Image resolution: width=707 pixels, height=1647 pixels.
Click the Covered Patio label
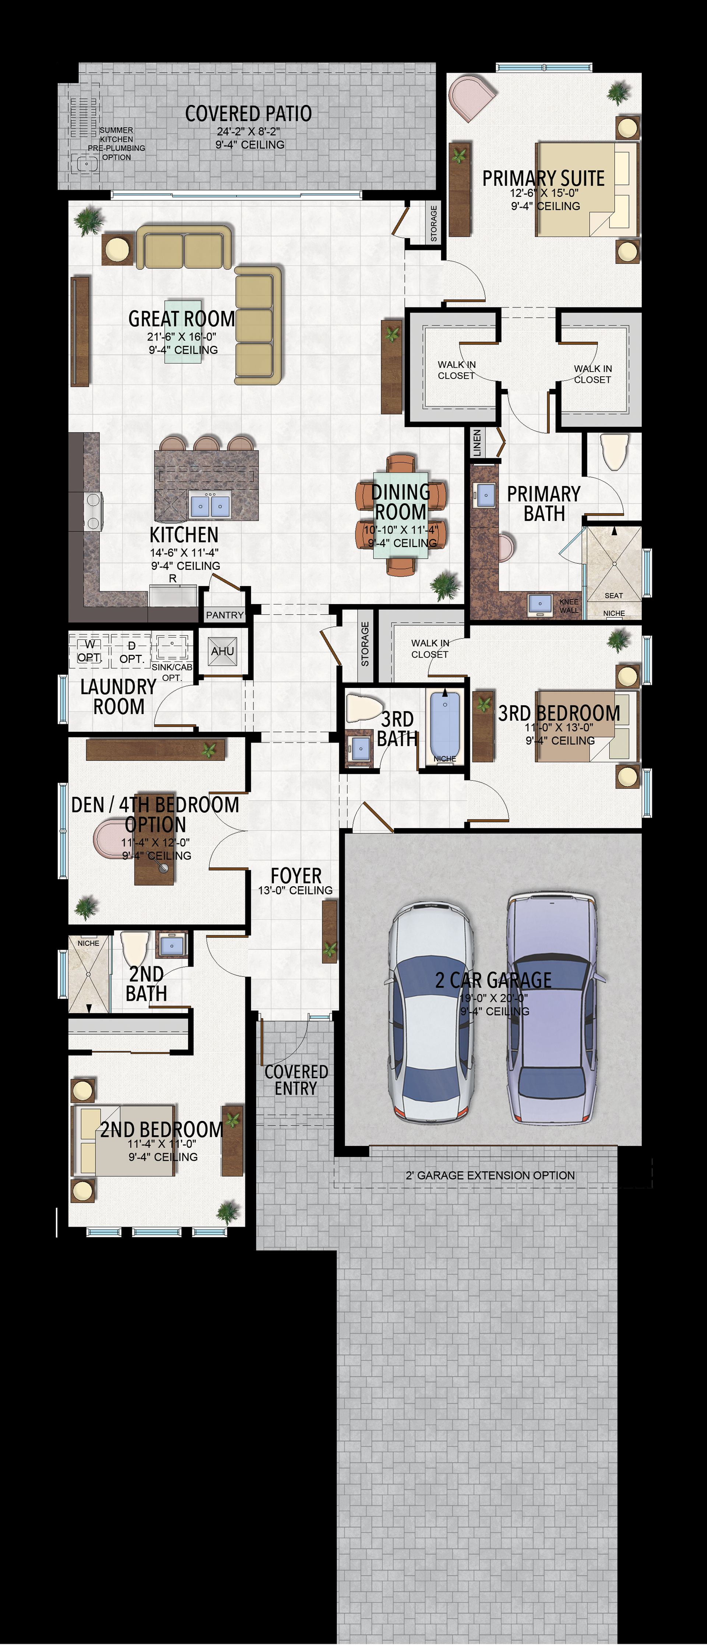pyautogui.click(x=248, y=114)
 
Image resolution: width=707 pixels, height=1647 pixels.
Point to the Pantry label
pyautogui.click(x=225, y=615)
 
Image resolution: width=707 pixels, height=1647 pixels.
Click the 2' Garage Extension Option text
pyautogui.click(x=490, y=1175)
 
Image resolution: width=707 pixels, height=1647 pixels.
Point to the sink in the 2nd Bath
pyautogui.click(x=172, y=945)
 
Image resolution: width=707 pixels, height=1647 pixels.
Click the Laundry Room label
pyautogui.click(x=118, y=696)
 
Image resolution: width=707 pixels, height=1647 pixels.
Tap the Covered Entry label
pyautogui.click(x=296, y=1080)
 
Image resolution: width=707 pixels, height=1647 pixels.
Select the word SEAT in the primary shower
pyautogui.click(x=613, y=595)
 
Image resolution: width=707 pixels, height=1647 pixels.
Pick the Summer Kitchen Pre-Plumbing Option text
pyautogui.click(x=116, y=144)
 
